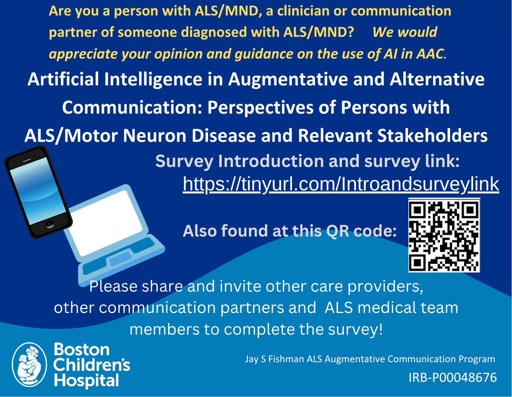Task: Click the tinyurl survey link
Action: click(x=341, y=184)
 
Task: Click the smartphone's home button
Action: click(x=50, y=224)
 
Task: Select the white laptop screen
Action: click(x=106, y=223)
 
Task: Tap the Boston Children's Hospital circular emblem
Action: click(x=29, y=364)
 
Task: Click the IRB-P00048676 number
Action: click(x=453, y=378)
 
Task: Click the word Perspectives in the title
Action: click(x=260, y=108)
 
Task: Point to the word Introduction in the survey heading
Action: click(x=271, y=161)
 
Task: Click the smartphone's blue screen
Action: click(x=38, y=191)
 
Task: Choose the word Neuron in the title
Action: click(x=154, y=136)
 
